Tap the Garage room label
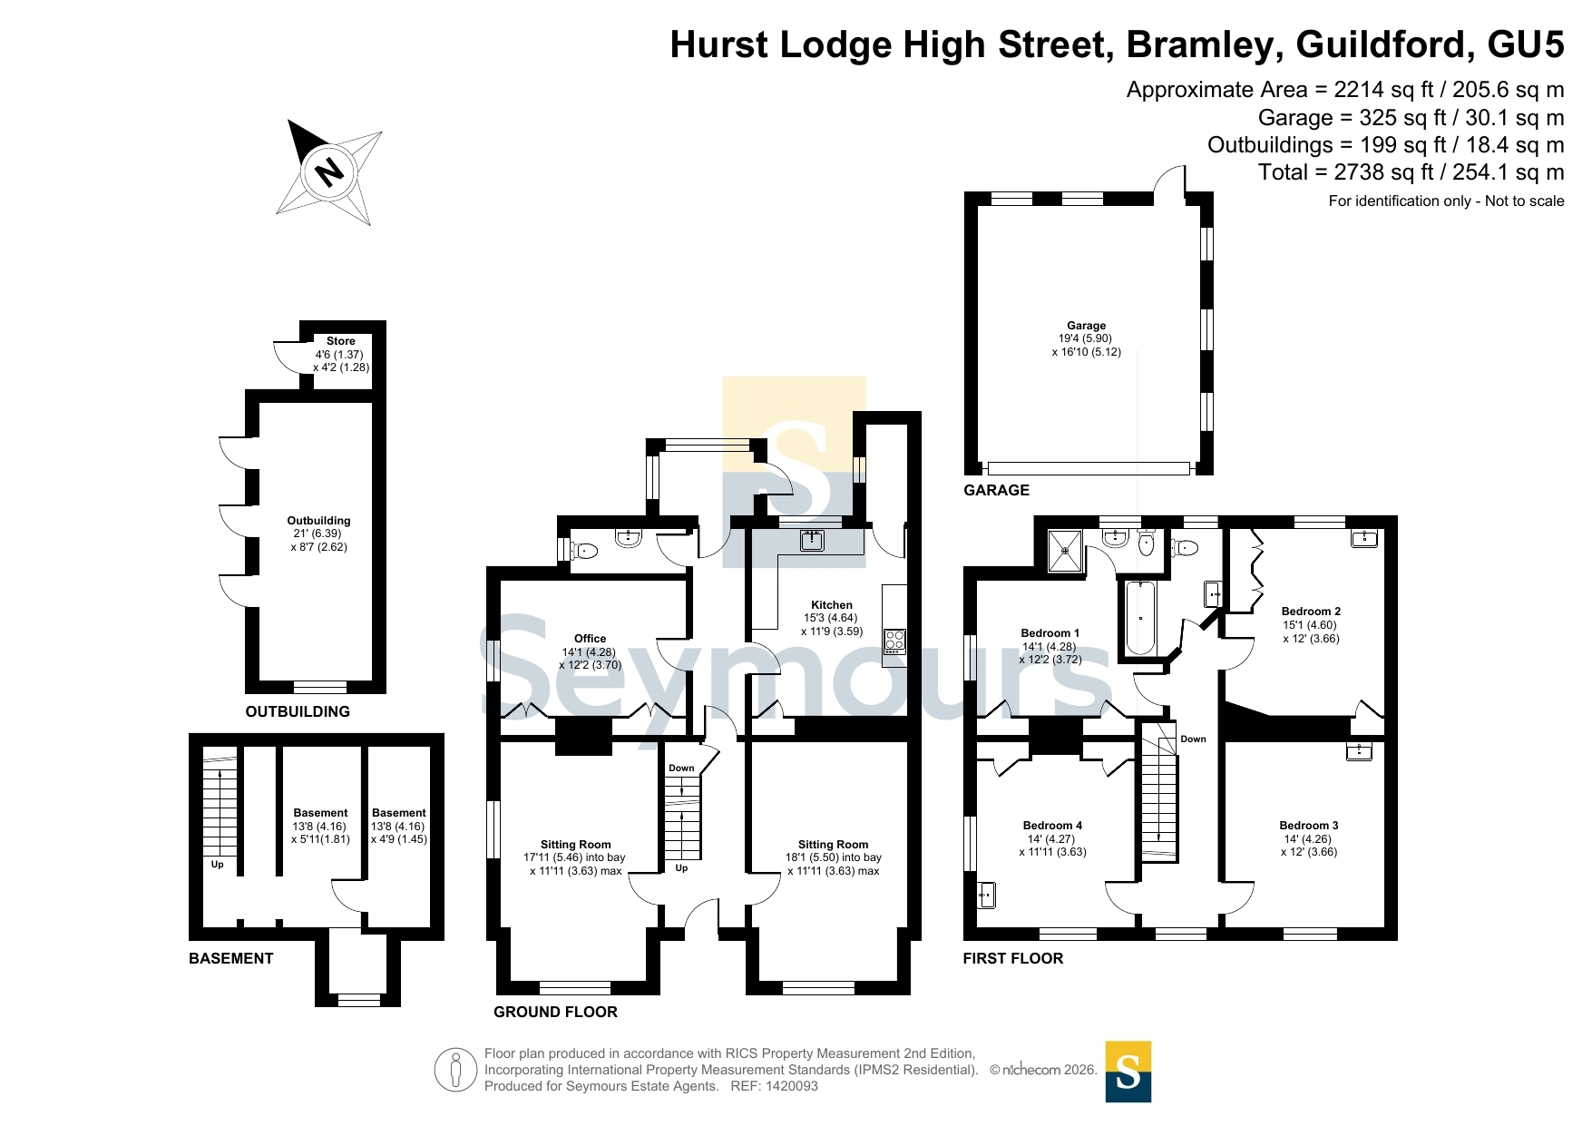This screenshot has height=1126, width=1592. (1086, 326)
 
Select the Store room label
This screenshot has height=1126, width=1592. (341, 341)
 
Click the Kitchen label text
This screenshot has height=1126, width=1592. (832, 605)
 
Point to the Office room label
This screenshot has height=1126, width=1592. (590, 639)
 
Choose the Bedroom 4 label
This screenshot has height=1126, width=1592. (1052, 826)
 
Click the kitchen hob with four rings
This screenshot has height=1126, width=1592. (894, 641)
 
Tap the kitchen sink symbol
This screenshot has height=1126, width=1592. (812, 541)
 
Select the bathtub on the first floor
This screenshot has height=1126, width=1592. (1140, 617)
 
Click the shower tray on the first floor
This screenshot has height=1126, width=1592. (1065, 550)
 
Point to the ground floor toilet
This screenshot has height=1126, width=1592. (585, 550)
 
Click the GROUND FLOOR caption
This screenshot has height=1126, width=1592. (555, 1012)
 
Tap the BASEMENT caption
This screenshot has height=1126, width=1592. (230, 958)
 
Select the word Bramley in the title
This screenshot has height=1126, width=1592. (1204, 44)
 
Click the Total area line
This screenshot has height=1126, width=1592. (1411, 172)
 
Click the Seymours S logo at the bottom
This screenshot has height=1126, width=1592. (1128, 1072)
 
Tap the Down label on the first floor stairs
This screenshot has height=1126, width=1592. (1193, 739)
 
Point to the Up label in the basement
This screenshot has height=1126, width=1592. (218, 865)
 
